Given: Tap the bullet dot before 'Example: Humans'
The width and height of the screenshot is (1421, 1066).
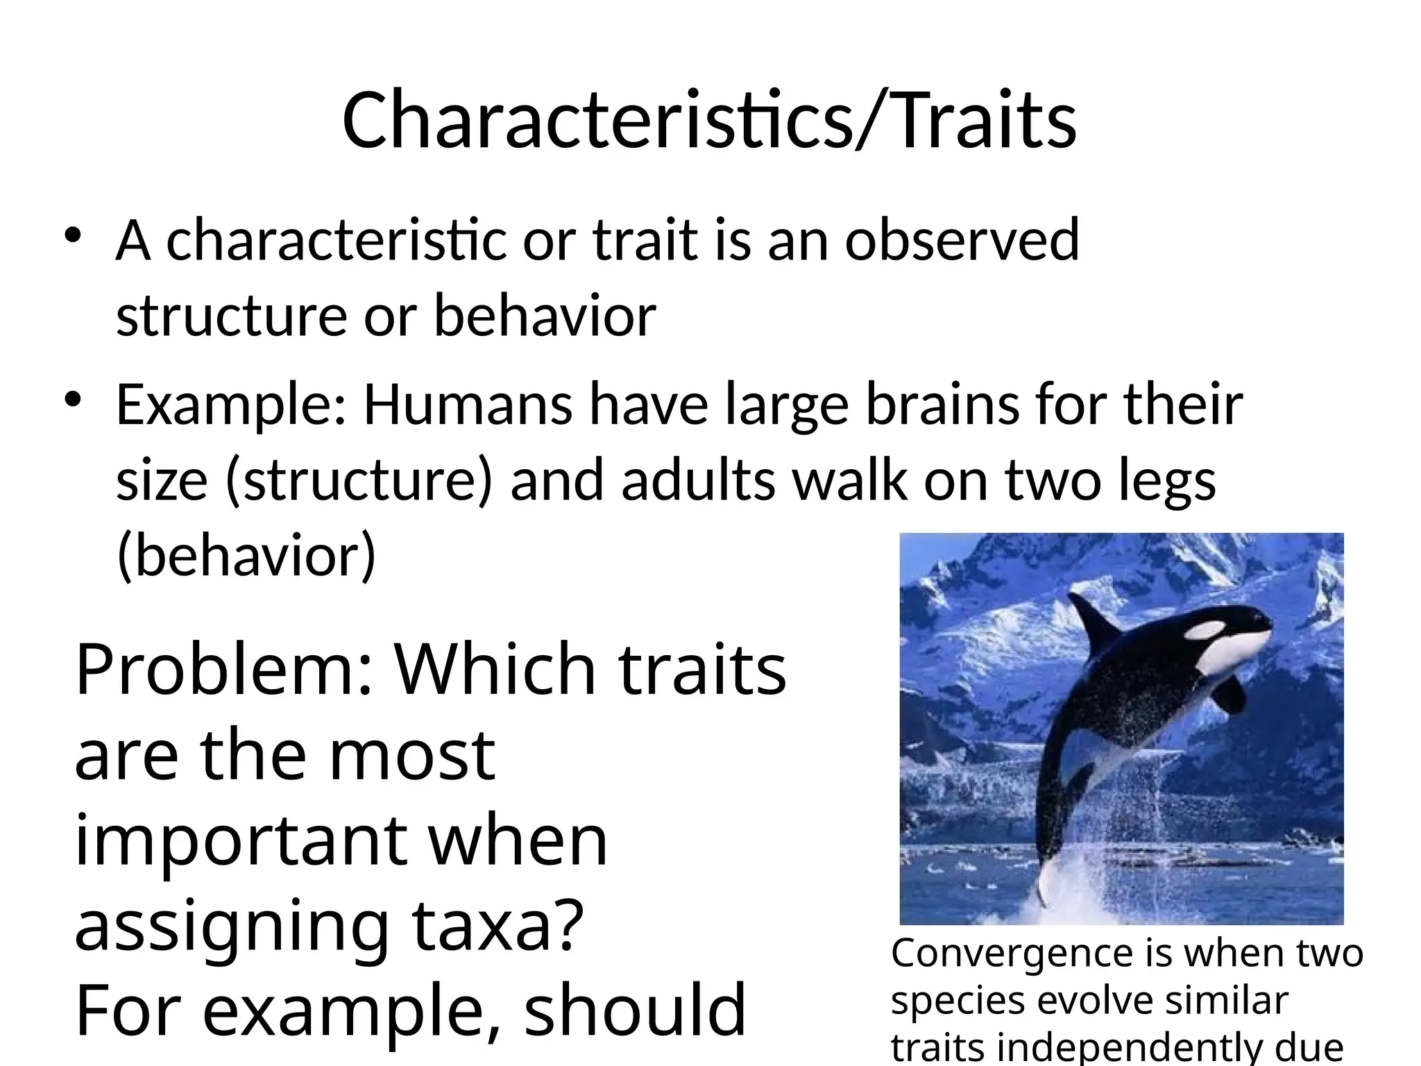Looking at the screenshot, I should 74,400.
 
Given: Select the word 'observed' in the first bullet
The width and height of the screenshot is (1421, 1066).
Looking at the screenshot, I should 961,239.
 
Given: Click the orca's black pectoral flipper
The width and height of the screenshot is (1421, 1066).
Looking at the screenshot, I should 1232,691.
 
